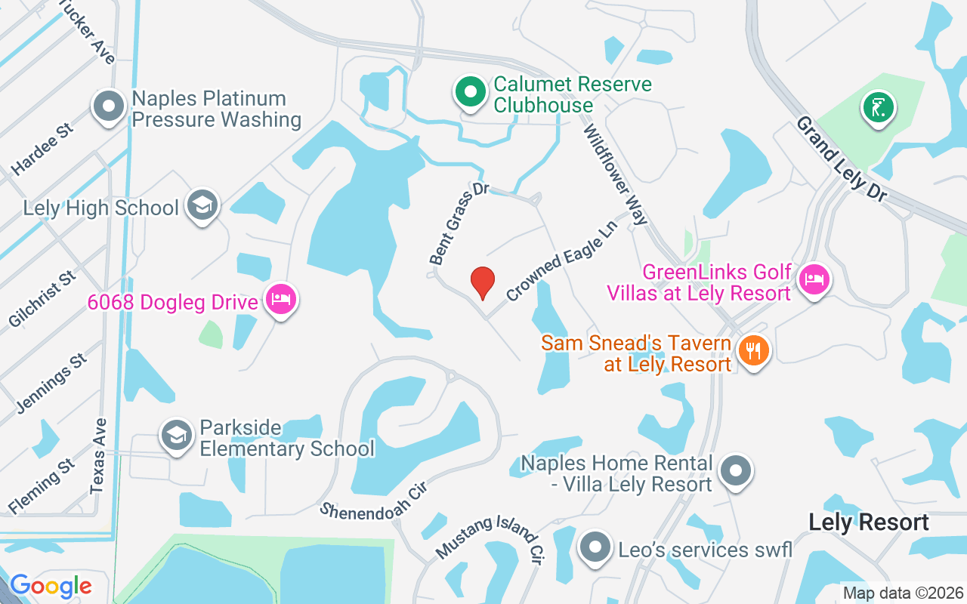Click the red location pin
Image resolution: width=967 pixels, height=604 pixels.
483,282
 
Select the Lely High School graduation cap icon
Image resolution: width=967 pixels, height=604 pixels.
202,205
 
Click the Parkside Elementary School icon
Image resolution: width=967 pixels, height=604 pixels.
177,435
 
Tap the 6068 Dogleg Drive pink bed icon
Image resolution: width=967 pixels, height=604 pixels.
281,299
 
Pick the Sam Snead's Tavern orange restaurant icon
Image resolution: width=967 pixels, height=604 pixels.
752,350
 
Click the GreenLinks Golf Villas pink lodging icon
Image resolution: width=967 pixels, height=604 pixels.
814,279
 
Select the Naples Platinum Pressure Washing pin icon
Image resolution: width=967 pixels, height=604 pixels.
109,106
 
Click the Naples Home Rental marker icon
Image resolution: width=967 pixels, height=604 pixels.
734,470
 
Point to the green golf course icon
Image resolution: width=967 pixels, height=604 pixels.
878,108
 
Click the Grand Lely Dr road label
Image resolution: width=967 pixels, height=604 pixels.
841,159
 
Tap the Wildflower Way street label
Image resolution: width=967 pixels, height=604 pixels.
615,175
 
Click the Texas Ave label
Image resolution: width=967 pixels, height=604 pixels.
97,455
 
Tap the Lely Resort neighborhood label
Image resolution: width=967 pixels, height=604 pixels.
868,522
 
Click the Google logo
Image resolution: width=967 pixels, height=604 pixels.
51,586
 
